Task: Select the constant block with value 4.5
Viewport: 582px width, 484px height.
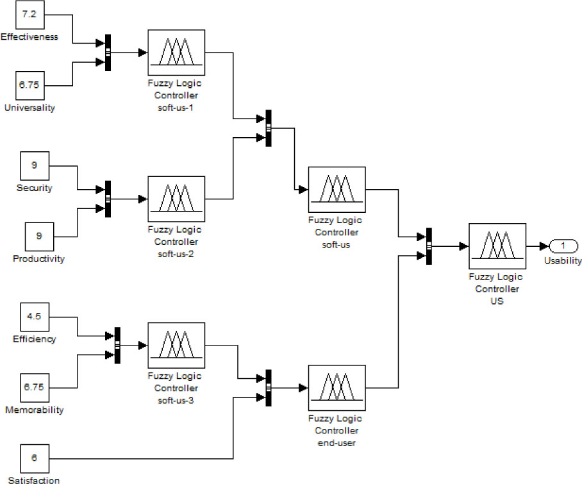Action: (34, 317)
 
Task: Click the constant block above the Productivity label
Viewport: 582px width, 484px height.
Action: (40, 237)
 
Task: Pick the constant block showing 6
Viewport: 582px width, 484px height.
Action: (34, 458)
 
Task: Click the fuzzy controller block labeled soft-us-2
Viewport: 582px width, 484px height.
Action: (176, 198)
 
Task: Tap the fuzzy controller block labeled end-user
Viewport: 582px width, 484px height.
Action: (337, 387)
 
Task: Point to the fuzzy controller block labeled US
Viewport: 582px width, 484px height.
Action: (497, 246)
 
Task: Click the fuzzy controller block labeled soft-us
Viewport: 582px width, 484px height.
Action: (337, 189)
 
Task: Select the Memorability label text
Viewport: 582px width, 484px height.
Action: (34, 410)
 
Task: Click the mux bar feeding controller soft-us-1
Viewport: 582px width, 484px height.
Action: (108, 53)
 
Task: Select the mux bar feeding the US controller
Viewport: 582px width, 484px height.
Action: (429, 246)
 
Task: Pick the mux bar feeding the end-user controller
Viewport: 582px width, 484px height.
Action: (269, 387)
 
